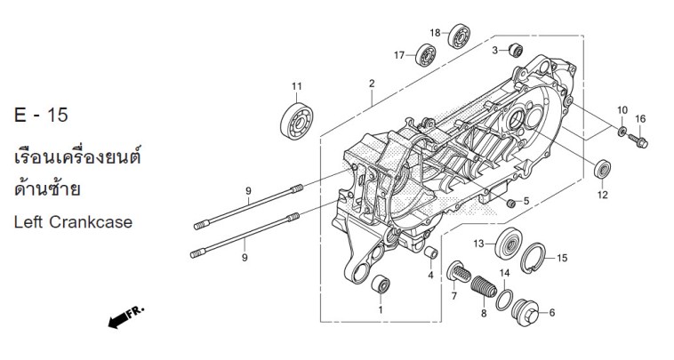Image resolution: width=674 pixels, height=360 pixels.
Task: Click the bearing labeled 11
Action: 297,122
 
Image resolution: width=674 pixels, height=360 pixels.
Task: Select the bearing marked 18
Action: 459,36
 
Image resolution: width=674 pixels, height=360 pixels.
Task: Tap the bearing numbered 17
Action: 426,55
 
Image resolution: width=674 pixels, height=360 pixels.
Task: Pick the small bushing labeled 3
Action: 516,51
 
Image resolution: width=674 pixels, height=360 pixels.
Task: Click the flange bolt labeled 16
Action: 638,141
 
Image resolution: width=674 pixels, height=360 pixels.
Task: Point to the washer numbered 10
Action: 622,131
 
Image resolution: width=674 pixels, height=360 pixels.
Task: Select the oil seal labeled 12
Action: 603,169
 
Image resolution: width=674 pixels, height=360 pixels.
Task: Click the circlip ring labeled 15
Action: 533,258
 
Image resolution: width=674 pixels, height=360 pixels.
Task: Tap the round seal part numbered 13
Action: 509,244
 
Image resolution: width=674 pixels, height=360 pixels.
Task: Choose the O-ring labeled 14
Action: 504,300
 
